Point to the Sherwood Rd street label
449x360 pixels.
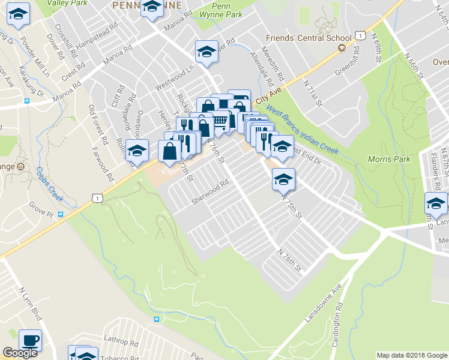211,192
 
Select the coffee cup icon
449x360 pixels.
30,340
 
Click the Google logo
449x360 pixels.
20,353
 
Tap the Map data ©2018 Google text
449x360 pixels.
412,355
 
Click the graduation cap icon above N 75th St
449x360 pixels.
283,178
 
